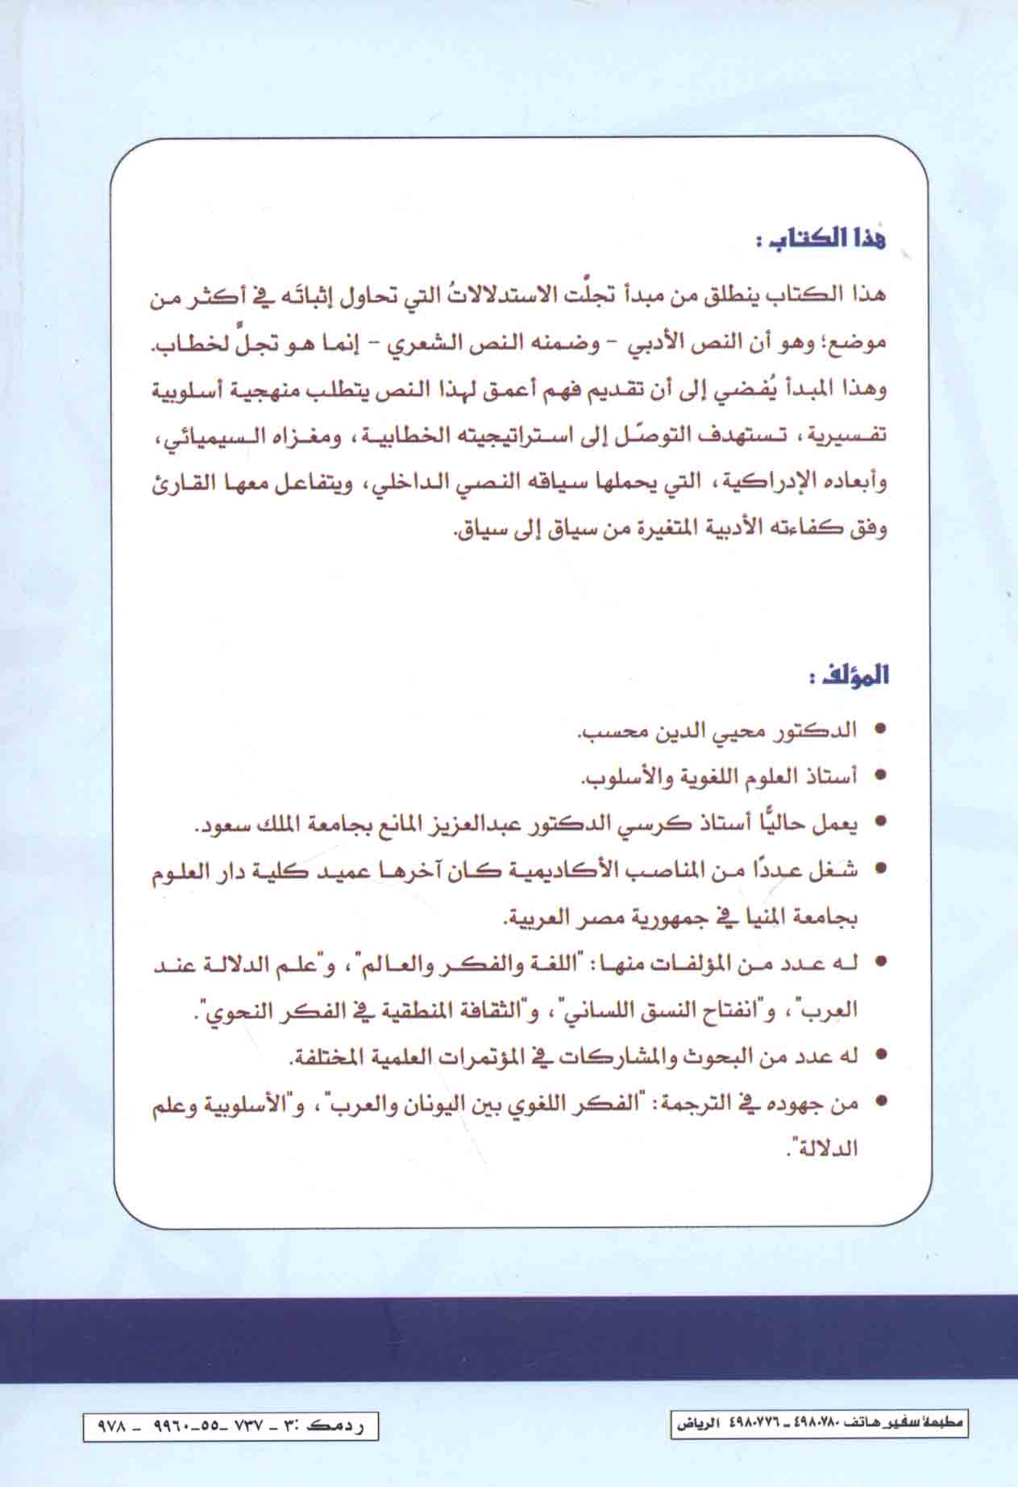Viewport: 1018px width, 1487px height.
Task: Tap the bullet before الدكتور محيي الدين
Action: click(x=879, y=731)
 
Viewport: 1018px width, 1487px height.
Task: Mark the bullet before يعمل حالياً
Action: click(x=879, y=823)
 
